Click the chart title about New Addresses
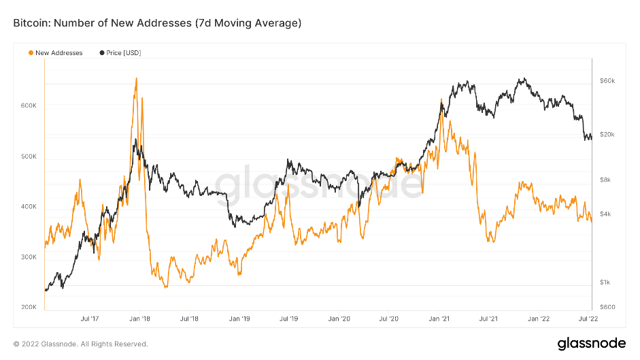click(x=157, y=23)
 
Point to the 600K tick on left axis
click(x=29, y=106)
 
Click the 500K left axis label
click(x=29, y=157)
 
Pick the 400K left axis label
click(x=29, y=207)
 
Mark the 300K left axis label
click(x=29, y=257)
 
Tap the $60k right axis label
click(x=607, y=81)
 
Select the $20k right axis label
click(x=607, y=135)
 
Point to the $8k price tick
click(x=606, y=180)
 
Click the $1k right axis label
click(x=605, y=282)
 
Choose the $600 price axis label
click(x=607, y=308)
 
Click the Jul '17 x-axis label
click(x=90, y=318)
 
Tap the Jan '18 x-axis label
click(x=139, y=318)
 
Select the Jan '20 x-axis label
click(x=339, y=318)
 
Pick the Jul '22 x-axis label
click(x=588, y=318)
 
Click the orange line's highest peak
click(x=136, y=78)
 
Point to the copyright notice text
click(x=80, y=344)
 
